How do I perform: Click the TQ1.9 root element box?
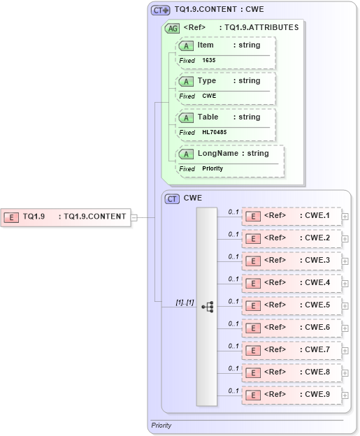click(x=66, y=217)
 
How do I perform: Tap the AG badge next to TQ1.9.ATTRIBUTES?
click(x=171, y=28)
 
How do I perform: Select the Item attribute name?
click(x=206, y=45)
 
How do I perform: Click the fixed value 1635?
click(x=209, y=61)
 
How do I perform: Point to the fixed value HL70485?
click(x=215, y=132)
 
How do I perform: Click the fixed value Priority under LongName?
click(x=213, y=168)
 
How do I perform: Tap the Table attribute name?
click(x=208, y=117)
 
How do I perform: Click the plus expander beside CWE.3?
click(x=345, y=261)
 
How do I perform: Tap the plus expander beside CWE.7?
click(x=345, y=351)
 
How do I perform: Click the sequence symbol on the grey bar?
click(x=207, y=306)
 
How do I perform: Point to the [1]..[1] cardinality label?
click(x=185, y=302)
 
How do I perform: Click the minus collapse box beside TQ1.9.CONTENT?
click(x=134, y=217)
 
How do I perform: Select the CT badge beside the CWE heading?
click(x=172, y=198)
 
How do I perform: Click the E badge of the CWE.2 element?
click(x=252, y=239)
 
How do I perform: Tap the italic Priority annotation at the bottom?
click(x=161, y=425)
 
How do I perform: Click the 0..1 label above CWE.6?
click(x=233, y=324)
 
